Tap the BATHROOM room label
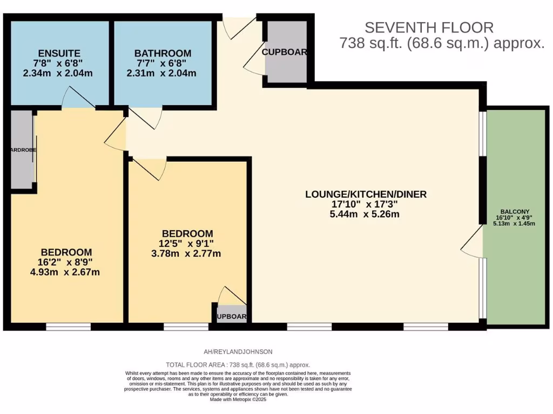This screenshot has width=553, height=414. click(x=163, y=53)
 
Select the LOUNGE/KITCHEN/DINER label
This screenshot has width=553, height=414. click(x=366, y=194)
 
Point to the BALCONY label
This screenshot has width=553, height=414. click(x=514, y=211)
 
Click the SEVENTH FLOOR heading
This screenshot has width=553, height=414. click(x=429, y=27)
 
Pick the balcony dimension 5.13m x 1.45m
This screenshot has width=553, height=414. click(x=514, y=223)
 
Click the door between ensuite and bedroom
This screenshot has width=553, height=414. click(x=78, y=100)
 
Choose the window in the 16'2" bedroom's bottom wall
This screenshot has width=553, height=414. click(x=68, y=327)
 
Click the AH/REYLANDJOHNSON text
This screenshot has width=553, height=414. click(x=235, y=351)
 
